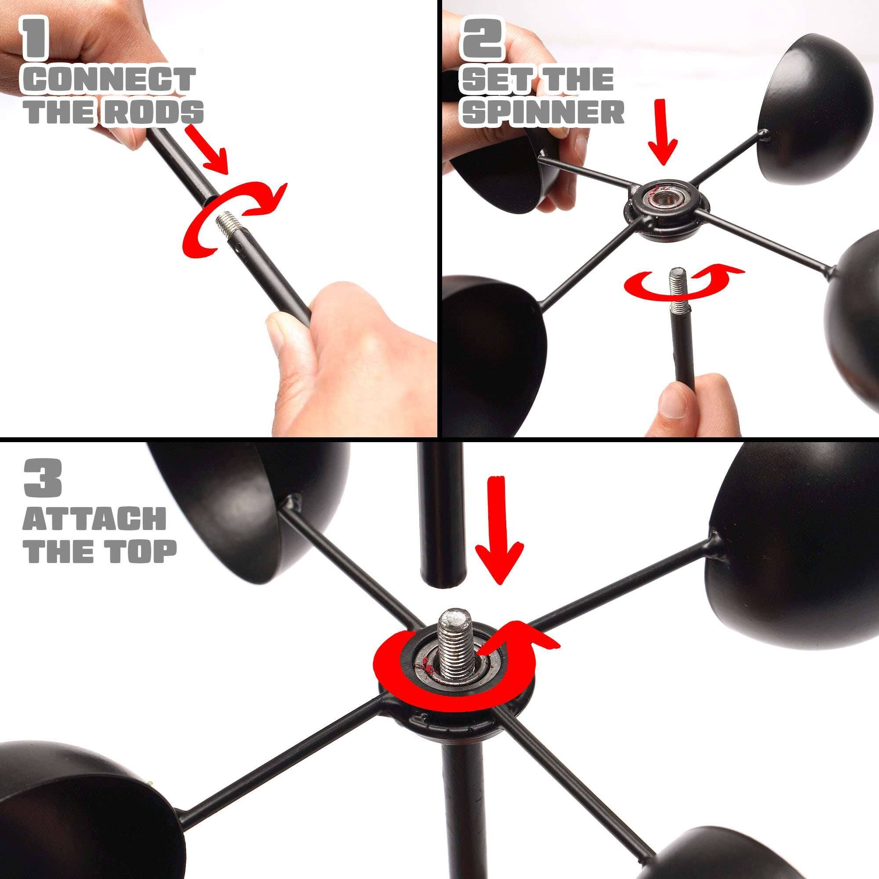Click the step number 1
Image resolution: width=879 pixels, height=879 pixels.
[35, 38]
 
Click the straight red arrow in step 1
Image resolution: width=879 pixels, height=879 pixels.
[207, 150]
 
